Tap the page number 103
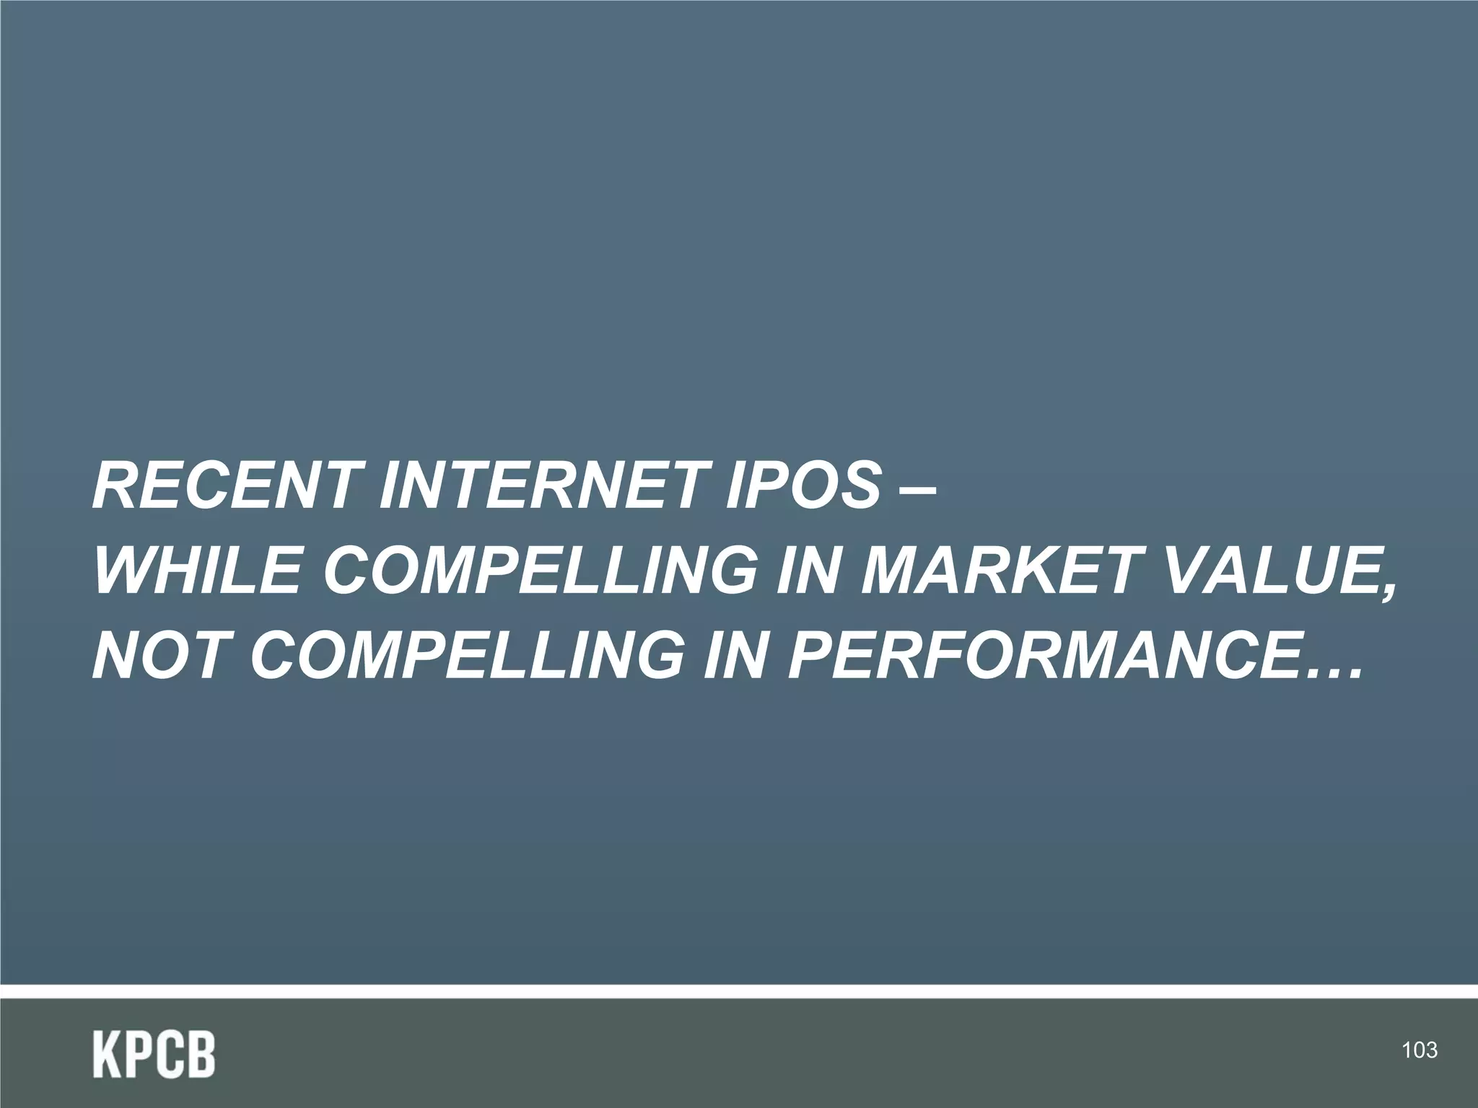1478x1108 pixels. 1419,1050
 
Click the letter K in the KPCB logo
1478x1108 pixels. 106,1055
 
